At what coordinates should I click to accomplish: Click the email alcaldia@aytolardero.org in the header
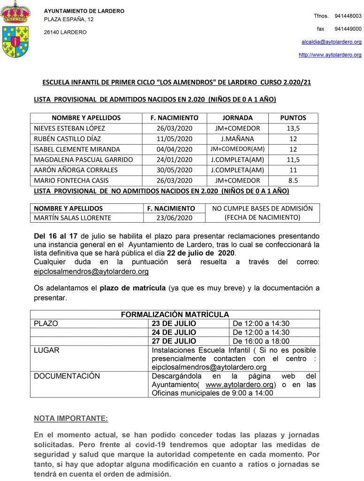pos(331,42)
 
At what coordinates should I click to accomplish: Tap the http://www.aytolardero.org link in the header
pos(330,55)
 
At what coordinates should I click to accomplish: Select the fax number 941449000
pos(348,29)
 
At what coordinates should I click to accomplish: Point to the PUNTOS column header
pos(293,118)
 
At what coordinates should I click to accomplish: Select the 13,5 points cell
pos(293,128)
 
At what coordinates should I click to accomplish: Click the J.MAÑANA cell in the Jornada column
pos(237,139)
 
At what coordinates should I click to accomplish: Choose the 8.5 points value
pos(293,180)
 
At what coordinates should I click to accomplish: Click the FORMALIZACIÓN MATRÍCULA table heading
pos(175,314)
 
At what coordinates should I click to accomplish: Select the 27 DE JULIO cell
pos(174,341)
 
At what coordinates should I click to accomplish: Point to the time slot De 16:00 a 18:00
pos(261,341)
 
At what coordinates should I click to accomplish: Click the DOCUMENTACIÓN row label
pos(67,376)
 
